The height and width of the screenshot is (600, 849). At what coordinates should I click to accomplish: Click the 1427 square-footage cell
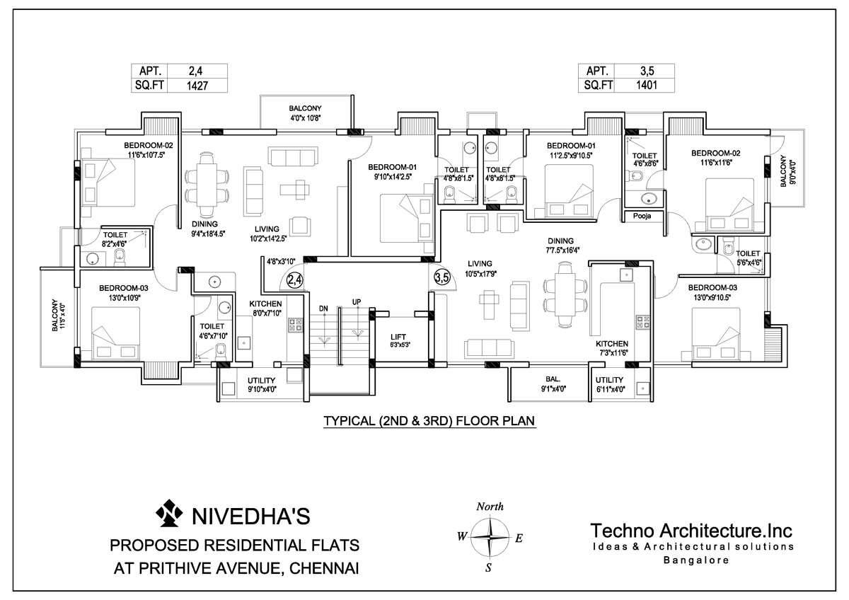tap(197, 86)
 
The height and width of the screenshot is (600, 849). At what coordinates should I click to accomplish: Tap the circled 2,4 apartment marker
tap(294, 280)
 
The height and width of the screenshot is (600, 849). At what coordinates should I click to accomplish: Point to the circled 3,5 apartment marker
tap(442, 278)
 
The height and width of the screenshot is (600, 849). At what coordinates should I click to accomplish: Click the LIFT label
tap(398, 337)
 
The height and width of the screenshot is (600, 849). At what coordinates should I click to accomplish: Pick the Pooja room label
tap(642, 216)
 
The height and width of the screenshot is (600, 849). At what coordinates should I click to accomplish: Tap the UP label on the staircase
tap(357, 302)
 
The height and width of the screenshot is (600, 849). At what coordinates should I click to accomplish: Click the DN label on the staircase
tap(323, 308)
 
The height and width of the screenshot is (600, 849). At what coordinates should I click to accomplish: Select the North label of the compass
tap(490, 507)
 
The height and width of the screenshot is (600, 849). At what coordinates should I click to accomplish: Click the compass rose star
tap(490, 537)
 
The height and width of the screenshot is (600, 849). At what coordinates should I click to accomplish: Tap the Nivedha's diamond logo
tap(168, 513)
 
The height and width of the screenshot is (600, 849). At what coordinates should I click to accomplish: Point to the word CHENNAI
tap(324, 569)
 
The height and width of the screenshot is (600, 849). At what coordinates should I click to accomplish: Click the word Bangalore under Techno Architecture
tap(696, 560)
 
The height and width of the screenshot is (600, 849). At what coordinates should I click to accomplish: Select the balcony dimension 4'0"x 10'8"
tap(306, 118)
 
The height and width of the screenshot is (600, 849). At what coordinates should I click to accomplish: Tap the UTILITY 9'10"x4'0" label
tap(262, 385)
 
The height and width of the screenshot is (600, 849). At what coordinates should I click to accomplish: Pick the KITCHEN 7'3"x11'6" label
tap(612, 348)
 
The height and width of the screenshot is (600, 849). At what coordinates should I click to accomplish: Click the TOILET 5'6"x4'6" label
tap(748, 258)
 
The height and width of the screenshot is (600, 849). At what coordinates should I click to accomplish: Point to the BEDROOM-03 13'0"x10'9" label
tap(124, 293)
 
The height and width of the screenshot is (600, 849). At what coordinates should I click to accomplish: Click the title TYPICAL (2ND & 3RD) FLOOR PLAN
tap(429, 421)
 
